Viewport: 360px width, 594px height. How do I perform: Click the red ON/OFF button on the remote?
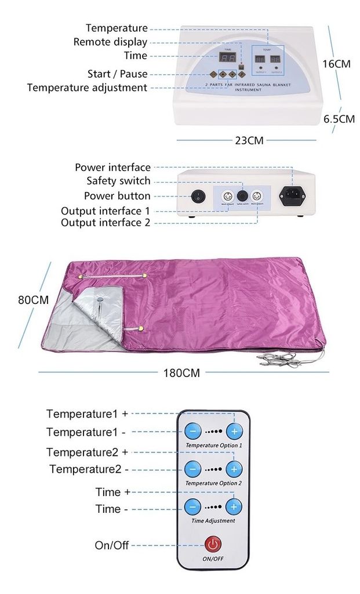pos(213,544)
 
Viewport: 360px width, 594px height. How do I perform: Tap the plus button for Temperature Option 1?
pos(234,432)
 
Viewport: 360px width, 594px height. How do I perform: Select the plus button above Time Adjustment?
pos(234,506)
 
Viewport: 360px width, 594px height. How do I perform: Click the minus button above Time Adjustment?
pos(193,506)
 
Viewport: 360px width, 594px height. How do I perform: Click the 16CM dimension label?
pos(336,64)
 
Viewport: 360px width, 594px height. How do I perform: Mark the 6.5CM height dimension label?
pos(339,119)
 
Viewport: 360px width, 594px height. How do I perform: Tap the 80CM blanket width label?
pos(33,300)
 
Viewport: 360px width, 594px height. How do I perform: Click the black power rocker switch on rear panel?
pos(199,196)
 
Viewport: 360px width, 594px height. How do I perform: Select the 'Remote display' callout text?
pos(110,42)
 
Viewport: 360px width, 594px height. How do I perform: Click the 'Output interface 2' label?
pos(105,223)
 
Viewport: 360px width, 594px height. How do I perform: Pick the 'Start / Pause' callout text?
pos(117,74)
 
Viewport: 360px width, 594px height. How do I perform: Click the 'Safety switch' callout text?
pos(118,181)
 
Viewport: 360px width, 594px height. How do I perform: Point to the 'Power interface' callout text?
pos(112,168)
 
